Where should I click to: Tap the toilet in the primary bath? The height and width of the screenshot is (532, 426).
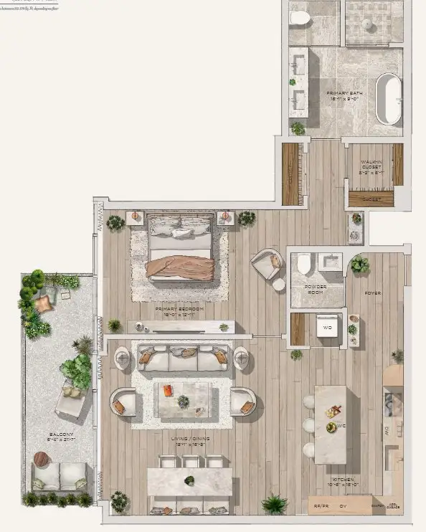coord(299,18)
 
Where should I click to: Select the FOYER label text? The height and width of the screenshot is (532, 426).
coord(372,293)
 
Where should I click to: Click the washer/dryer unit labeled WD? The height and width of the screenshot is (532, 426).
coord(326,328)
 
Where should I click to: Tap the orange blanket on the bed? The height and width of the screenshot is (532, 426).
coord(181,267)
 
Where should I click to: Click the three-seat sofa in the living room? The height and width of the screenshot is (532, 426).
coord(183,356)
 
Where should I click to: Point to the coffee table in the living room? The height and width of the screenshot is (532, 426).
coord(183,400)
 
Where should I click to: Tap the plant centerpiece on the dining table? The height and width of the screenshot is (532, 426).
coord(189,480)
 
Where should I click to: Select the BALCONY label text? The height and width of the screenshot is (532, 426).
coord(58,436)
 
